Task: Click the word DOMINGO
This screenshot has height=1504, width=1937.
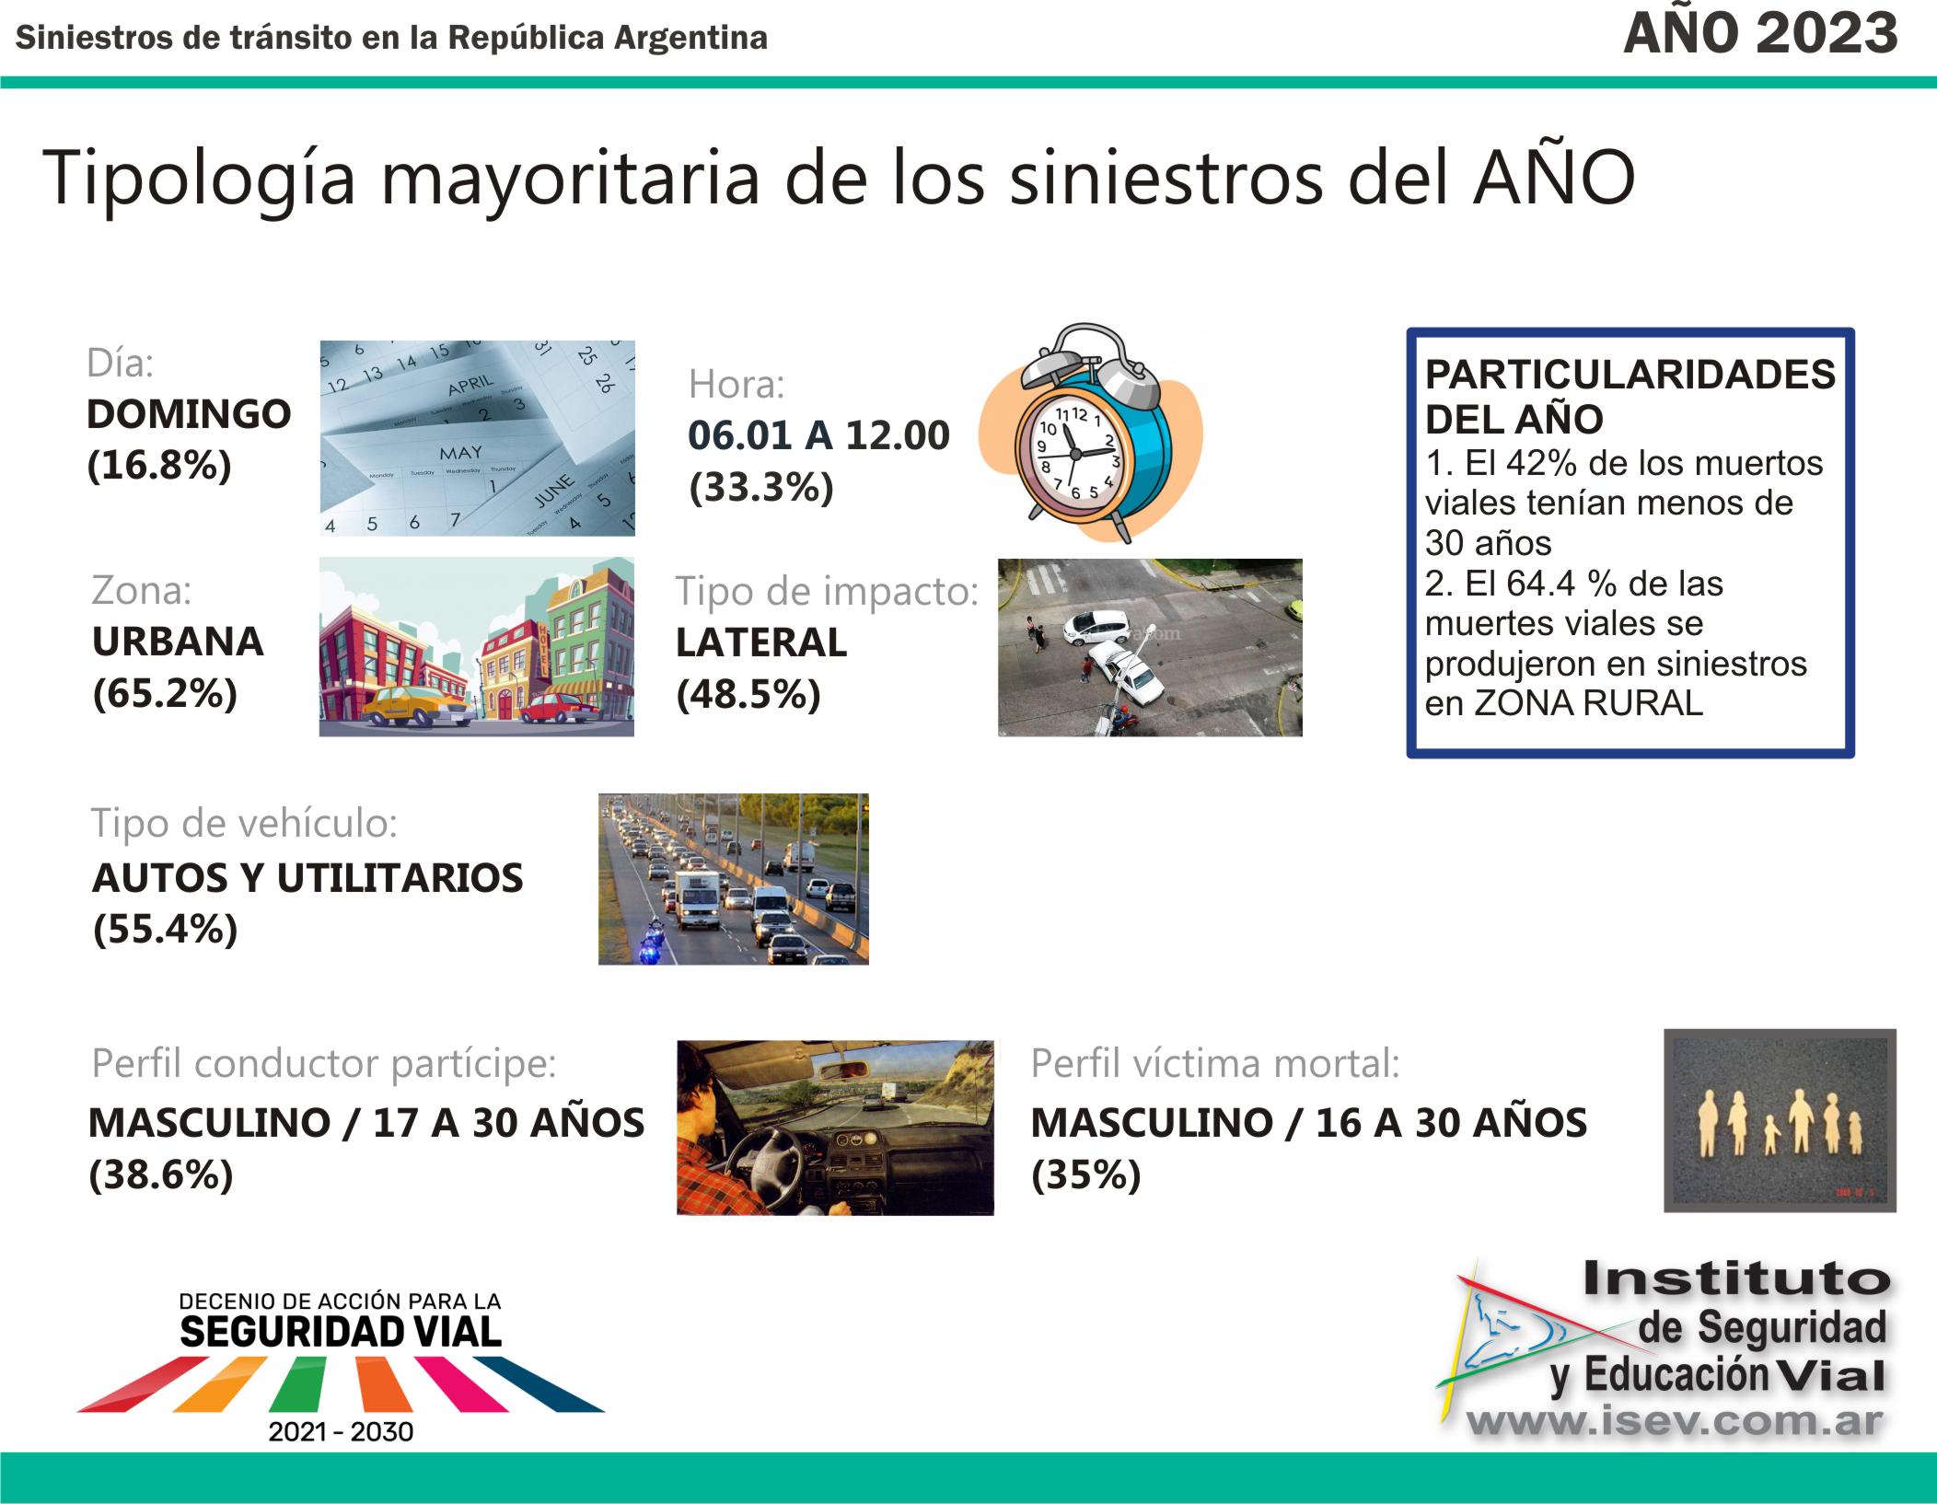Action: [x=189, y=414]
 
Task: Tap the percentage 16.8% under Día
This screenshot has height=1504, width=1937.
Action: [x=159, y=466]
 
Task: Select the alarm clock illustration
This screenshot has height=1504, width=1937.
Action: [x=1091, y=432]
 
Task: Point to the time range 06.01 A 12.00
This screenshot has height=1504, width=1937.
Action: [x=818, y=435]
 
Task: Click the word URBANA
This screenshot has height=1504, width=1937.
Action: [x=178, y=642]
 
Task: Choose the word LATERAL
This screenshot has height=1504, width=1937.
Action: [x=761, y=642]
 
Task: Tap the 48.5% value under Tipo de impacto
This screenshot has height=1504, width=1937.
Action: [x=748, y=694]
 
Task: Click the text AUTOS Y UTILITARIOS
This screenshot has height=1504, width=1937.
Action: [x=307, y=878]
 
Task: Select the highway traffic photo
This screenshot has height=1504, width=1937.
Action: [x=734, y=879]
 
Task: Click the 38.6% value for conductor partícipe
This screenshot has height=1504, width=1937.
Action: [x=161, y=1175]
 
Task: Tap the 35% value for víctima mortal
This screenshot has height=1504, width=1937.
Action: [x=1086, y=1175]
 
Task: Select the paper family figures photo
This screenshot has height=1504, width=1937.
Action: [x=1780, y=1120]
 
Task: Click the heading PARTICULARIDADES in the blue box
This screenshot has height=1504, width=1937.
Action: [x=1630, y=376]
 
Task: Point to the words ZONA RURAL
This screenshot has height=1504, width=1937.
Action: [x=1589, y=703]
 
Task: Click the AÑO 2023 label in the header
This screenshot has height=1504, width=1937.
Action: [x=1760, y=33]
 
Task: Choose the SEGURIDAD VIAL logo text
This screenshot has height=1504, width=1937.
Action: [x=341, y=1332]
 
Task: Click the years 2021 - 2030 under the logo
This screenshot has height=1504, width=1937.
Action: [x=341, y=1431]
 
